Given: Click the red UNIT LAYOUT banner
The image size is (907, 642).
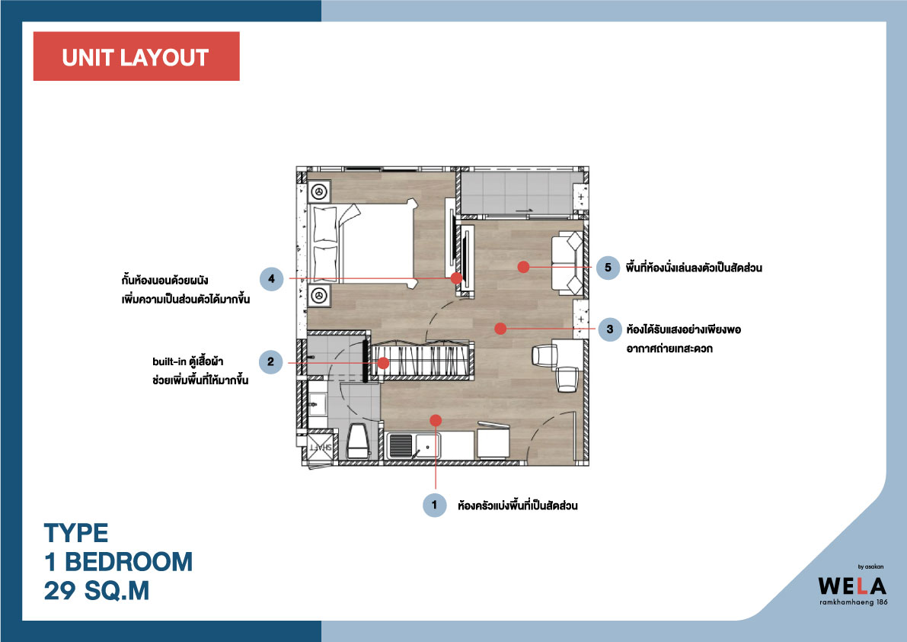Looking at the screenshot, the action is [x=136, y=56].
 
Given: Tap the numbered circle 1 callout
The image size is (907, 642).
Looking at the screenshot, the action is [x=434, y=505].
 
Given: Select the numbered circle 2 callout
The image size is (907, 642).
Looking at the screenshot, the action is [x=270, y=362].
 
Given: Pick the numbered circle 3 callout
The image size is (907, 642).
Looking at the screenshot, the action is [x=610, y=329].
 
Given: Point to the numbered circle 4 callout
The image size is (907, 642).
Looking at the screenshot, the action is [x=271, y=279].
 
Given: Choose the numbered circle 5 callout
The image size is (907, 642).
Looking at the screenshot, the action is [x=608, y=268].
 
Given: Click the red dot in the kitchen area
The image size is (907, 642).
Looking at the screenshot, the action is [x=436, y=420].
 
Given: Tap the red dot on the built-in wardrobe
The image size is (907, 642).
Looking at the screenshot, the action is [x=383, y=363].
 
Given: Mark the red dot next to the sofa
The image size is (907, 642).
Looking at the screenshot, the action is [x=523, y=267].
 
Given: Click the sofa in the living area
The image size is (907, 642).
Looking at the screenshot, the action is [x=567, y=263].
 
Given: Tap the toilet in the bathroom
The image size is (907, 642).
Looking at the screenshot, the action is [x=357, y=441].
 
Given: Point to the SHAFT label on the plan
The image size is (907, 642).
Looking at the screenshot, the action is [x=321, y=448].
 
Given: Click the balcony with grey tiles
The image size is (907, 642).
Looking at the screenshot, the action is [x=520, y=193].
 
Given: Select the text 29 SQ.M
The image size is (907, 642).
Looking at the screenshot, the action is [x=97, y=590].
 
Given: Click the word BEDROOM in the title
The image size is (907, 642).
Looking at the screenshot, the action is [x=129, y=561].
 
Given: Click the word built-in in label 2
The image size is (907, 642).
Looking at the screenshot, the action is [x=170, y=362].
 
